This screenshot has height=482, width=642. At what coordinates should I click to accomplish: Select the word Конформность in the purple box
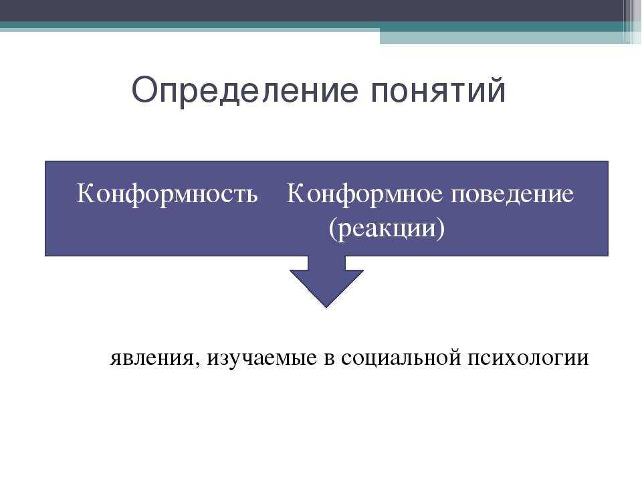point(167,194)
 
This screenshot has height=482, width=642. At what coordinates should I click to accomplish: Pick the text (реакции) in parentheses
point(387,228)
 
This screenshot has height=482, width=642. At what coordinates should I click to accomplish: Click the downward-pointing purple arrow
point(326,282)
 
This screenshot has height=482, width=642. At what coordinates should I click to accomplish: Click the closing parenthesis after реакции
point(441,229)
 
